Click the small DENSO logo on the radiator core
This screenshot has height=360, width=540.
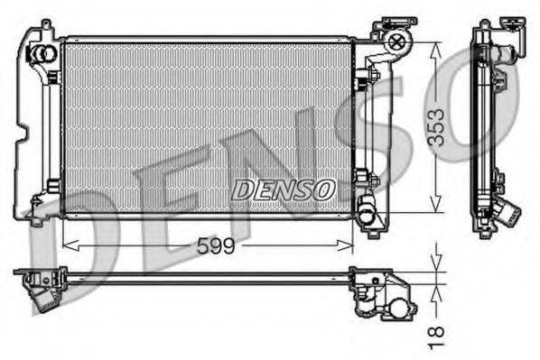284,189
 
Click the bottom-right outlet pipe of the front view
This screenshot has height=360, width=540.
367,215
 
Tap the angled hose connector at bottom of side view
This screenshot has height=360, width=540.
507,213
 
